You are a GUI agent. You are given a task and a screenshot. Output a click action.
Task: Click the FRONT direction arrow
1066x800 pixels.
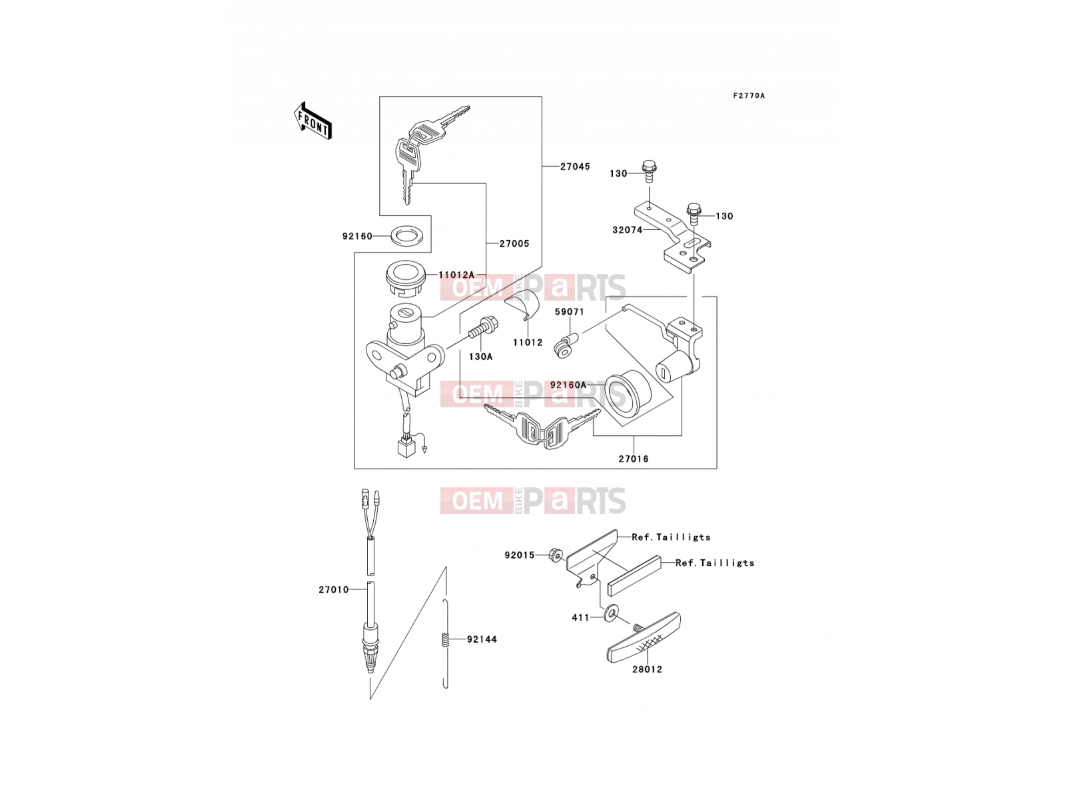[x=312, y=121]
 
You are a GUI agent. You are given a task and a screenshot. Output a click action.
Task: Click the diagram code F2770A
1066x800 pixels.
[x=748, y=96]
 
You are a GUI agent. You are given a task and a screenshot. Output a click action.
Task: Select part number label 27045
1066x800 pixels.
[x=575, y=167]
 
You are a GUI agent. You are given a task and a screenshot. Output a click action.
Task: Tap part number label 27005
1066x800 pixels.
[x=514, y=244]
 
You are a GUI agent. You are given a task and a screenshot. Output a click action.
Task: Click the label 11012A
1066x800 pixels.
[x=456, y=275]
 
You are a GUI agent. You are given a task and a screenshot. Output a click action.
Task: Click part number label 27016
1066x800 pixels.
[x=634, y=459]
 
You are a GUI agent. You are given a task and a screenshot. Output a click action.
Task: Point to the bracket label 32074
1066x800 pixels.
[x=627, y=230]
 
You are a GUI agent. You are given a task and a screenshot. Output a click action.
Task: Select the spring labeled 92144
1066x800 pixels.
[x=446, y=639]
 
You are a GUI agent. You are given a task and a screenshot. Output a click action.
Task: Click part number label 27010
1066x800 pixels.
[x=334, y=590]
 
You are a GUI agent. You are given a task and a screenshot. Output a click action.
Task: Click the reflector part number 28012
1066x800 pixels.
[x=647, y=669]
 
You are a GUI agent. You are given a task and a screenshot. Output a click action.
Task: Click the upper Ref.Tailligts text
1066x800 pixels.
[x=671, y=537]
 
